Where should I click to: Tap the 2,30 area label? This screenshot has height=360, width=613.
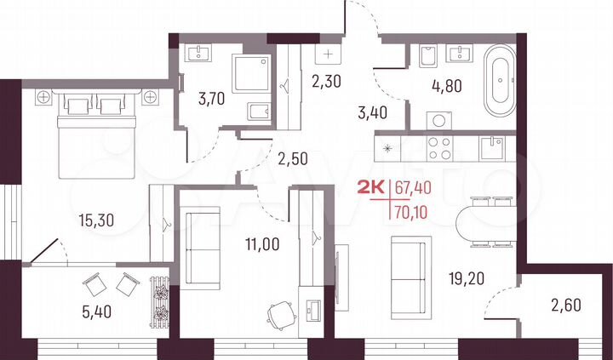327,83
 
